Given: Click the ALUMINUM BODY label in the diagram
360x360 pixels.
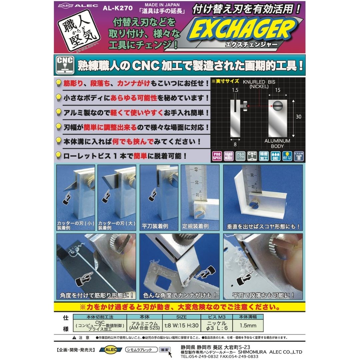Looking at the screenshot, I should [277, 144].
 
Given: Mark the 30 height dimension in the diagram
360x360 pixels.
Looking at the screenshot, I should [298, 117].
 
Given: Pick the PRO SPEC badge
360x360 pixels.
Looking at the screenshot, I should [217, 156].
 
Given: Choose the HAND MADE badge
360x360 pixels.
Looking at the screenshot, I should [228, 156].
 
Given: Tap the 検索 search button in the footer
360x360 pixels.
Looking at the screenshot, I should [165, 350].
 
